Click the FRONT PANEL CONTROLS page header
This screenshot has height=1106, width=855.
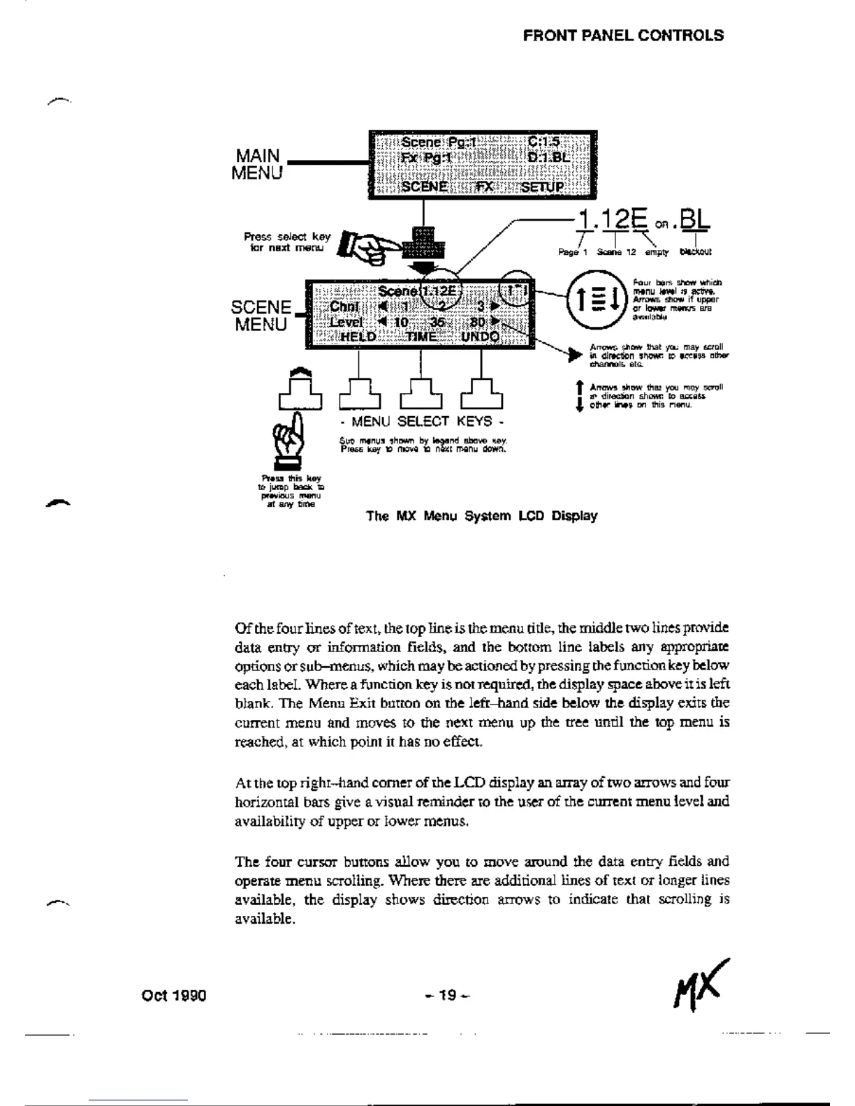[x=623, y=36]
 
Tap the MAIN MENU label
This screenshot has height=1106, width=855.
[x=256, y=165]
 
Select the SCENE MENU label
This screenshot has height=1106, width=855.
[x=261, y=316]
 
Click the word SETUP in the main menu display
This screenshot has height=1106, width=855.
[x=541, y=187]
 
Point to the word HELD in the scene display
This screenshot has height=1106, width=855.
[x=357, y=337]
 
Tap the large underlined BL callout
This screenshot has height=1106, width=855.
[x=694, y=221]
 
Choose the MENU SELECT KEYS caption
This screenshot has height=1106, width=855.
[x=421, y=422]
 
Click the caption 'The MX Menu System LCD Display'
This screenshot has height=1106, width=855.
[x=481, y=516]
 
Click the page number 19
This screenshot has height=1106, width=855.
[x=447, y=994]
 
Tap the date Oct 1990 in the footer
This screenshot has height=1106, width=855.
[x=173, y=995]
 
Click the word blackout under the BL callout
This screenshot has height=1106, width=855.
[x=695, y=252]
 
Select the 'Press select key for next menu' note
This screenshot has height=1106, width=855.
[x=288, y=242]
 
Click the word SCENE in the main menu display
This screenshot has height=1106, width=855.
[x=424, y=187]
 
